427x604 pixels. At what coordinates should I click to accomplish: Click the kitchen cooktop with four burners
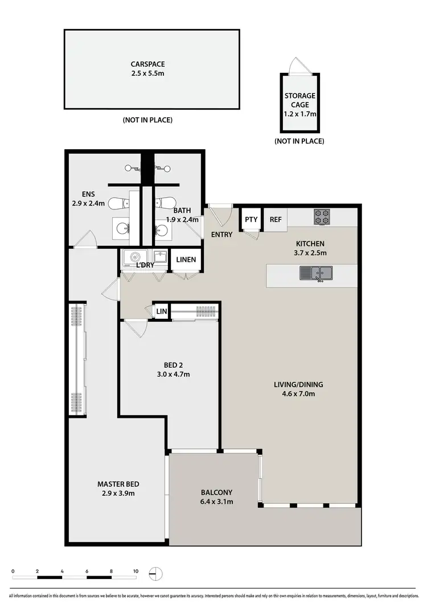pos(321,216)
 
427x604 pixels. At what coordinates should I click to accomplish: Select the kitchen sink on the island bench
pos(317,274)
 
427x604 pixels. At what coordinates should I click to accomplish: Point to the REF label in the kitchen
pos(276,219)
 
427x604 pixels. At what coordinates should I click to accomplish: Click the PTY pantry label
pos(251,219)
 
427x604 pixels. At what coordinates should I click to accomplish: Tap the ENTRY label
pos(221,234)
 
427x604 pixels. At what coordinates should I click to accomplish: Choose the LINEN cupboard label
pos(186,260)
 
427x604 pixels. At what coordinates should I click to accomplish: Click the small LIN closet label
pos(162,311)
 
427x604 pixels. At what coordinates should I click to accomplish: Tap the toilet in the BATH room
pos(166,203)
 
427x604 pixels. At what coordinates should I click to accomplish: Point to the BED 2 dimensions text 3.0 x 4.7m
pos(173,374)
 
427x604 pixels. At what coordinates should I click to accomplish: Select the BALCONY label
pos(216,492)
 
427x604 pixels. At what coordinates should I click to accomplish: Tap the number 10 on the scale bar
pos(136,570)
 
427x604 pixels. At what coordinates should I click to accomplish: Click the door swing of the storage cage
pos(296,65)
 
